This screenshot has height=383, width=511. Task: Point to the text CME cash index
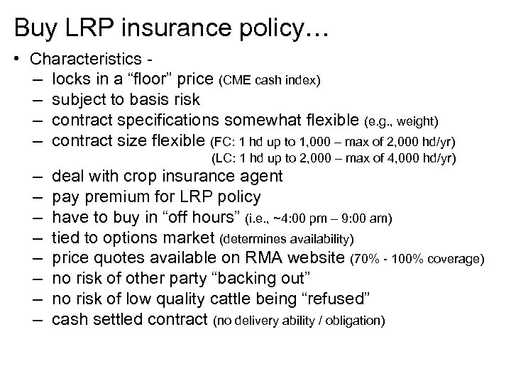(x=275, y=80)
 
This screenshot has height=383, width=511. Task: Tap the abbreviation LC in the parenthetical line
(x=224, y=157)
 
